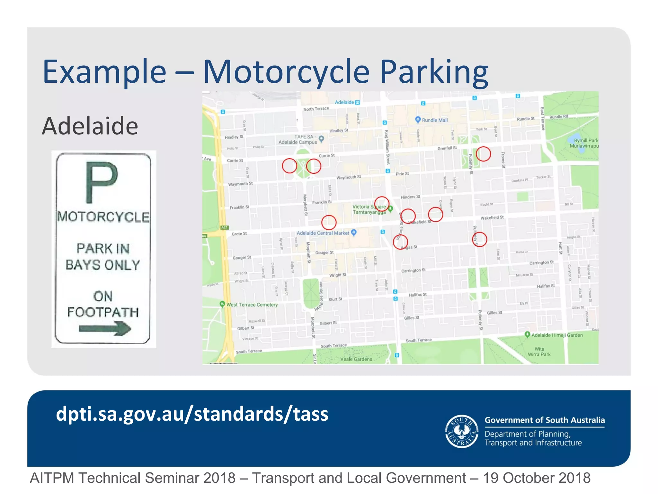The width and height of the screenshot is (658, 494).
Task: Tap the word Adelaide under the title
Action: [x=90, y=126]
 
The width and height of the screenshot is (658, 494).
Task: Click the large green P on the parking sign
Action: [x=102, y=182]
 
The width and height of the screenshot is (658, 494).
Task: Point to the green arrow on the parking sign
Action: [x=105, y=328]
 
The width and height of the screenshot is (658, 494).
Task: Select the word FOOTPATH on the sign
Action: [x=103, y=312]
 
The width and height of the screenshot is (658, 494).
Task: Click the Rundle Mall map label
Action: [x=434, y=120]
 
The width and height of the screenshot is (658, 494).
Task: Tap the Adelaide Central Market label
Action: [x=323, y=233]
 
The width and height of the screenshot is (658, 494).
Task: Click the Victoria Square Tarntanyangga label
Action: [x=369, y=209]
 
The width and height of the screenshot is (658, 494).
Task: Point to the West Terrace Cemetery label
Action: [x=252, y=305]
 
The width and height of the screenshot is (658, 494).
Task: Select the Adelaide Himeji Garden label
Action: [x=557, y=335]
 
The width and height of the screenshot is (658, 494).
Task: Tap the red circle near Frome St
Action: [x=483, y=154]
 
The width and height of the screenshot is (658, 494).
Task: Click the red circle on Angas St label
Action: [x=400, y=242]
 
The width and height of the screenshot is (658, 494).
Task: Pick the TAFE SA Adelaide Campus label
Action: [x=298, y=139]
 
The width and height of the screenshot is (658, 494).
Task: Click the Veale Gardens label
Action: [x=356, y=359]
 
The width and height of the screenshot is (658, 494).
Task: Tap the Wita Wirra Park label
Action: [x=539, y=352]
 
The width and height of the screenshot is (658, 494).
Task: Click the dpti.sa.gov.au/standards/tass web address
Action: [x=192, y=414]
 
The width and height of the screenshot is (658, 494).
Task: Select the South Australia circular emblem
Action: [x=462, y=431]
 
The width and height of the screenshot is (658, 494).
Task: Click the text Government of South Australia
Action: [x=545, y=420]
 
